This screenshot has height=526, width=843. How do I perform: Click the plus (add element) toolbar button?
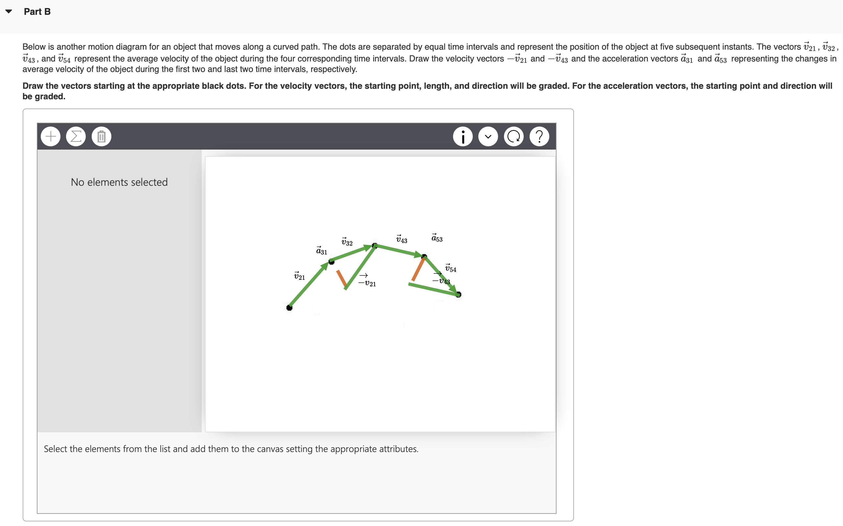click(x=51, y=136)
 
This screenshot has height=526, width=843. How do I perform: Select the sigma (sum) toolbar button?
click(x=76, y=136)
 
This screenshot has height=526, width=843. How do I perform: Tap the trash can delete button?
click(x=102, y=136)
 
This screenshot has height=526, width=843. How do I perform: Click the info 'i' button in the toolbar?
click(x=463, y=136)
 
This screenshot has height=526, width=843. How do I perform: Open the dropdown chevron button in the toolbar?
click(x=489, y=136)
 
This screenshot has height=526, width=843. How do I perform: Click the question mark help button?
click(x=539, y=136)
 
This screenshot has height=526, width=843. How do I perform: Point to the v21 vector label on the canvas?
click(x=300, y=276)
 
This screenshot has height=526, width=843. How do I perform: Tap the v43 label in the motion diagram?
click(x=402, y=239)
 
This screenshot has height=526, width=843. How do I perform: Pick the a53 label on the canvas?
click(x=437, y=238)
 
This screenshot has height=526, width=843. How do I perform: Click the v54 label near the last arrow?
click(x=451, y=268)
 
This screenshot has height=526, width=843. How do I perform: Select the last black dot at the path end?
click(x=459, y=295)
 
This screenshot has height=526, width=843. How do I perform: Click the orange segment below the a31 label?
click(x=341, y=279)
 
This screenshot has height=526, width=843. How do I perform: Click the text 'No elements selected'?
click(x=119, y=182)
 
